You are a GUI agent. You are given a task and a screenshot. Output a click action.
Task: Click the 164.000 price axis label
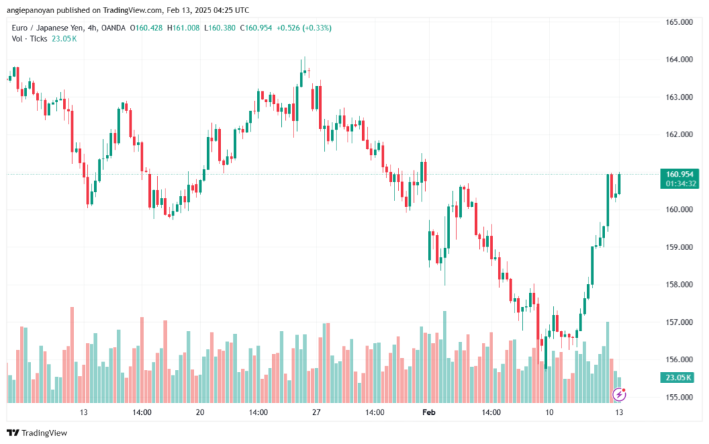(x=679, y=60)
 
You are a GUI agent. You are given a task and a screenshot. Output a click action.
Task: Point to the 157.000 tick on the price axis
(x=679, y=322)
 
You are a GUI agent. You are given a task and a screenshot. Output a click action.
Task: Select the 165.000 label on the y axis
(x=679, y=21)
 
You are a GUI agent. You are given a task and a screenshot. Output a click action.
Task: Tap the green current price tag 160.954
(x=679, y=174)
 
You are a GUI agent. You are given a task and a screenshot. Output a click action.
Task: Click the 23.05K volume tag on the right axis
(x=679, y=377)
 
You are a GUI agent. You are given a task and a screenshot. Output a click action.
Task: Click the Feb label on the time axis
(x=429, y=412)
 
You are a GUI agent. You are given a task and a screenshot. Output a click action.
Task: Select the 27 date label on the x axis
(x=316, y=412)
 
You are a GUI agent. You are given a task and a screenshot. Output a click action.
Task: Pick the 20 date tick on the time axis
(x=200, y=412)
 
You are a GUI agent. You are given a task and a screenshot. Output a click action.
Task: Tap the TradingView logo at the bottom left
(x=37, y=433)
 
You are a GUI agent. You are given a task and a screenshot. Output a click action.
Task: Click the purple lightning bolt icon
(x=619, y=395)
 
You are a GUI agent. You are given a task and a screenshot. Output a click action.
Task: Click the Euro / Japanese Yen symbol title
(x=48, y=28)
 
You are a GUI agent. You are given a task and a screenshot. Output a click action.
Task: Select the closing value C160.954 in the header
(x=256, y=28)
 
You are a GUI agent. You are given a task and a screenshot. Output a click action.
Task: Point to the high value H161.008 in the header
(x=183, y=28)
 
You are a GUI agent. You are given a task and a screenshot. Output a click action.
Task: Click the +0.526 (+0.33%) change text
(x=304, y=28)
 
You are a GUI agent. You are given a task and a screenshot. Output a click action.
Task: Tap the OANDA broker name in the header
(x=114, y=28)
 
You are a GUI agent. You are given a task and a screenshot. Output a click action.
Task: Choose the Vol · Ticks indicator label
(x=29, y=38)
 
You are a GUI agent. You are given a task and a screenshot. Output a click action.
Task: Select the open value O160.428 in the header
(x=146, y=28)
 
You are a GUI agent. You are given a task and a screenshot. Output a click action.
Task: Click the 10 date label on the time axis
(x=549, y=412)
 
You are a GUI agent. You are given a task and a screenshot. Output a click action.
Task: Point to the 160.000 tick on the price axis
(x=679, y=209)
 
